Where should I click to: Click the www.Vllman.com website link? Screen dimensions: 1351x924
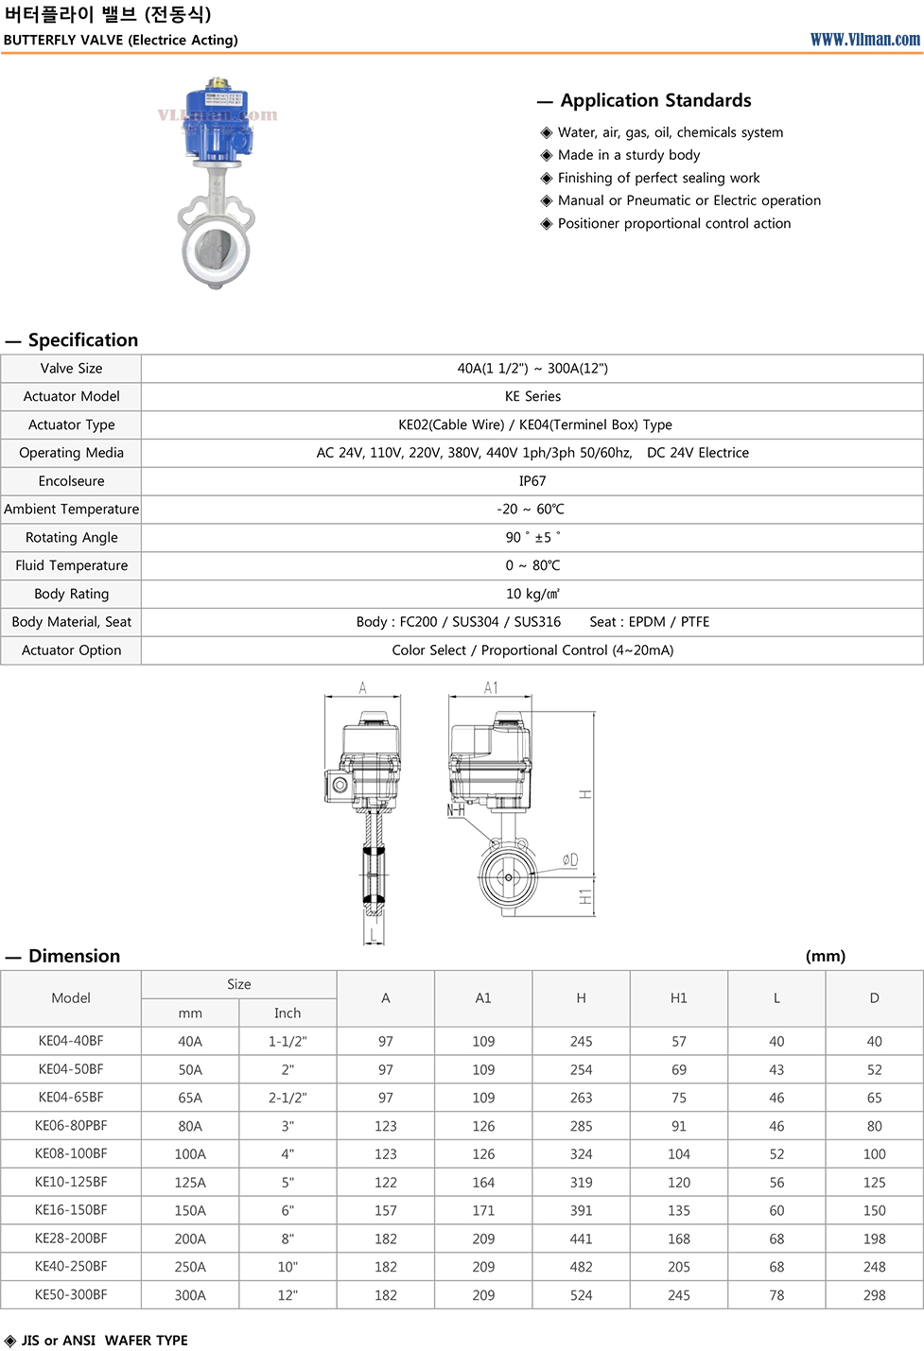[x=864, y=40]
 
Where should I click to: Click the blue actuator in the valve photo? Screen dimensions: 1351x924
[x=218, y=123]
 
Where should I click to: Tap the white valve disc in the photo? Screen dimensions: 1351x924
[x=217, y=250]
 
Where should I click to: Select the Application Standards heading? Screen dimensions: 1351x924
[x=655, y=100]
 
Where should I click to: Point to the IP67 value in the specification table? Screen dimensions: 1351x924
[x=532, y=481]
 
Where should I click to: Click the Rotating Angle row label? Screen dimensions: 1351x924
[x=72, y=537]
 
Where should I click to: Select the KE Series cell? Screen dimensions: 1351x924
[x=532, y=396]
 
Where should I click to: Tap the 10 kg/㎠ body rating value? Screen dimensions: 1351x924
[x=532, y=594]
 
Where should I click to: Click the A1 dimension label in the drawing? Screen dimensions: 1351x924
[x=491, y=688]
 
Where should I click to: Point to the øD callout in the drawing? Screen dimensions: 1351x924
[x=569, y=859]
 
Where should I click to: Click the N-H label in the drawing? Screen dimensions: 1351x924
[x=456, y=810]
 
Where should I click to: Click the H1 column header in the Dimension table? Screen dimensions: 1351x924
[x=679, y=998]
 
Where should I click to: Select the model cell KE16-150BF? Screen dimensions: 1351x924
[x=71, y=1210]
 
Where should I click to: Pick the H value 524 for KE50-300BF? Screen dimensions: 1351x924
[x=582, y=1295]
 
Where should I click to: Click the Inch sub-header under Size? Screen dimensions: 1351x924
[x=288, y=1013]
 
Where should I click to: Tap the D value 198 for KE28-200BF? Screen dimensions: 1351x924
[x=875, y=1238]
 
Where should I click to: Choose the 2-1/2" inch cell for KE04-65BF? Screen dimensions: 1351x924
[x=288, y=1098]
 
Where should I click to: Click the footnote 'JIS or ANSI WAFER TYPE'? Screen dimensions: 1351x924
[x=104, y=1341]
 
